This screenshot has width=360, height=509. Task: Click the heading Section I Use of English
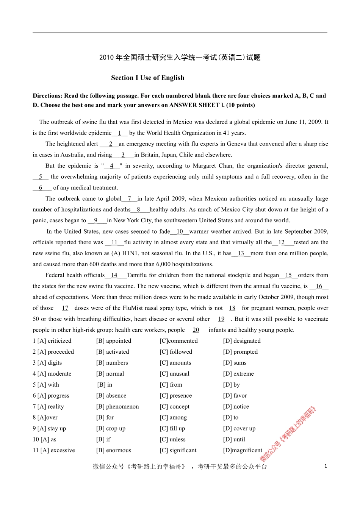[147, 78]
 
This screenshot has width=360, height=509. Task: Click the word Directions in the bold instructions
[47, 96]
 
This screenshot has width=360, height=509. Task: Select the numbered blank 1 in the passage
[120, 133]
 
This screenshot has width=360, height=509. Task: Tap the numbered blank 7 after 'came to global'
[130, 199]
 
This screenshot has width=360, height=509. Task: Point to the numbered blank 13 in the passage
[241, 253]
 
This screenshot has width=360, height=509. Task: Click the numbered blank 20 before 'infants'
[196, 330]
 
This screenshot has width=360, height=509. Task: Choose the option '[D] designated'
[242, 341]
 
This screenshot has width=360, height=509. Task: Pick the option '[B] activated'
[113, 352]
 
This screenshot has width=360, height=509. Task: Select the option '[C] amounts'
[175, 363]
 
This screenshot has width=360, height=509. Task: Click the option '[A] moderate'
[54, 374]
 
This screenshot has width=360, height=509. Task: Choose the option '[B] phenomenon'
[117, 407]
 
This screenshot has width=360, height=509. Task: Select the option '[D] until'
[234, 440]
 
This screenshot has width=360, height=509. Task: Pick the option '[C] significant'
[178, 451]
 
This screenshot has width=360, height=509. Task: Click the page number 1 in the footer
[326, 466]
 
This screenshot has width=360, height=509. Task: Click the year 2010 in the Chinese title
[106, 58]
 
